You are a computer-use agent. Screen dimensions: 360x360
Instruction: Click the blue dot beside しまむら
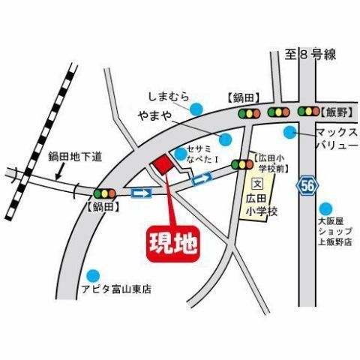click(x=196, y=109)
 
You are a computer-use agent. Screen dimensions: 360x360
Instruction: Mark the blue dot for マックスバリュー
click(x=289, y=132)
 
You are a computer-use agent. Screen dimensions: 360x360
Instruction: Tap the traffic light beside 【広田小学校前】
click(x=241, y=164)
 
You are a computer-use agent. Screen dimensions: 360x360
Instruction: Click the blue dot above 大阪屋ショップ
click(x=324, y=209)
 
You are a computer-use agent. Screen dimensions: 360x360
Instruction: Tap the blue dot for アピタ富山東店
click(x=92, y=275)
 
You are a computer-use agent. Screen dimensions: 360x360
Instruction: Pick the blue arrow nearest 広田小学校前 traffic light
click(x=202, y=178)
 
